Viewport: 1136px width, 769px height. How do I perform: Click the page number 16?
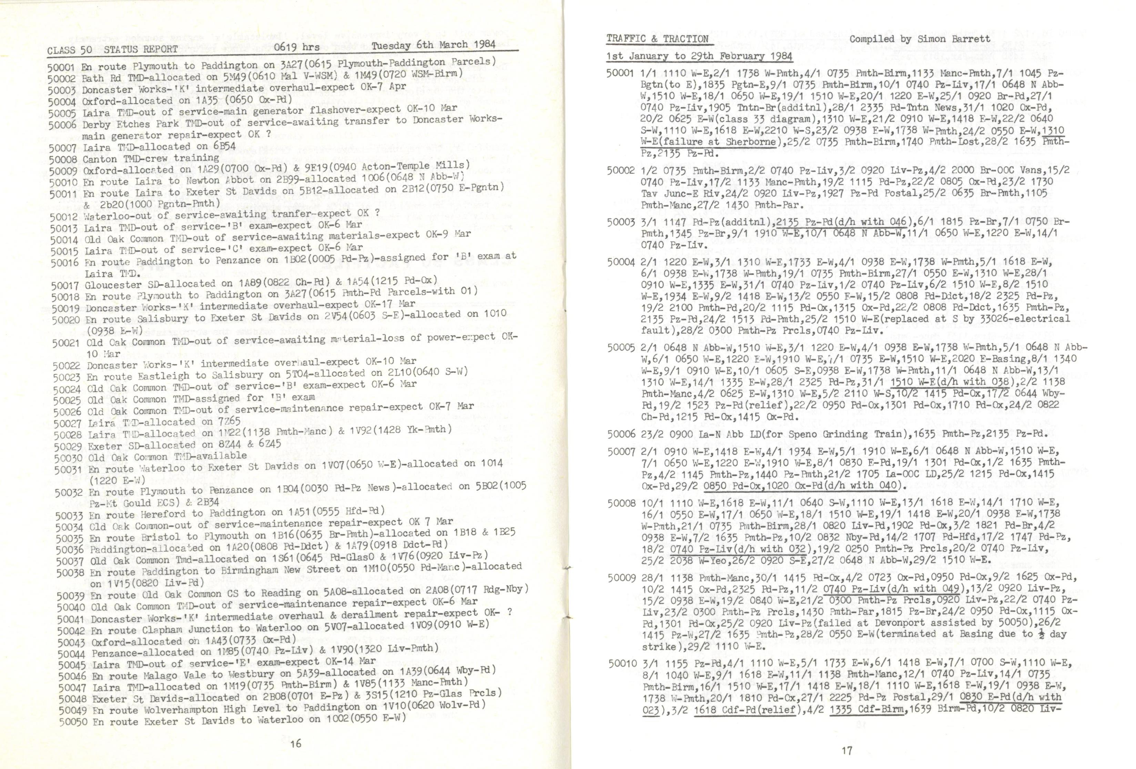tap(295, 744)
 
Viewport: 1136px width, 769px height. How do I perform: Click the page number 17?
tap(847, 750)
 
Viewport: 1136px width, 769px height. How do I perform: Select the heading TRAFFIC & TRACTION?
tap(658, 39)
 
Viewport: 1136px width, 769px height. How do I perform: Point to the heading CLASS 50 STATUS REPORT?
tap(112, 49)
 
